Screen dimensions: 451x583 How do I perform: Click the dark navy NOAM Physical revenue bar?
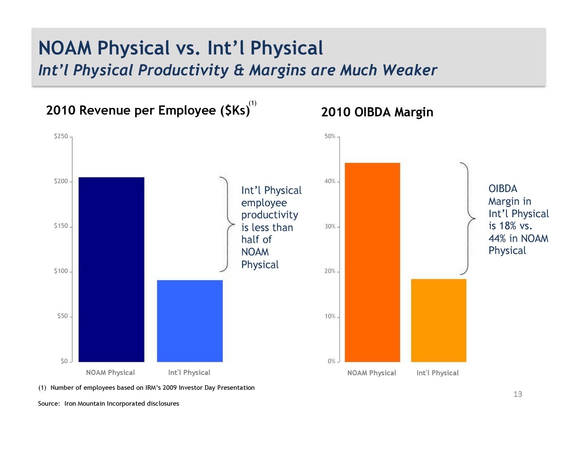click(x=111, y=269)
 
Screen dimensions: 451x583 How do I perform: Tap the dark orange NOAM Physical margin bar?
click(x=372, y=262)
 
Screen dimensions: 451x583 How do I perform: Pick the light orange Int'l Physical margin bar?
click(x=438, y=320)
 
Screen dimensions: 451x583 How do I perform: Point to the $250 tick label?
click(x=61, y=136)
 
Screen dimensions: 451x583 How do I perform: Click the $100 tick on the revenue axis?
click(x=61, y=271)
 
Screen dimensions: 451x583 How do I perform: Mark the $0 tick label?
click(x=64, y=361)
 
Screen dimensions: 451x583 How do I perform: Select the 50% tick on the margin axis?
click(x=330, y=136)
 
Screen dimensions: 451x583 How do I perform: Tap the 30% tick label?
click(x=330, y=226)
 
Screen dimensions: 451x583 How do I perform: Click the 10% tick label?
click(x=330, y=316)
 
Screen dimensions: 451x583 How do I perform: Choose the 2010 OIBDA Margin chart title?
click(x=377, y=112)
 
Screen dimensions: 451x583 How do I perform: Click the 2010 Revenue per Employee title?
click(x=148, y=110)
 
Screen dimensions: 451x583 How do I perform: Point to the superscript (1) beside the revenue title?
click(x=253, y=103)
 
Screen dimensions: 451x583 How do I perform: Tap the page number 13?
click(x=518, y=394)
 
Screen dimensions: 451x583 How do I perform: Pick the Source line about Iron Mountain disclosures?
click(x=108, y=404)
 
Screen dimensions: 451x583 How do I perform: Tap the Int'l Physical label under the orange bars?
click(x=437, y=373)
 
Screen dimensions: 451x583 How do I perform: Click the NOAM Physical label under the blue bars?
click(x=110, y=372)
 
